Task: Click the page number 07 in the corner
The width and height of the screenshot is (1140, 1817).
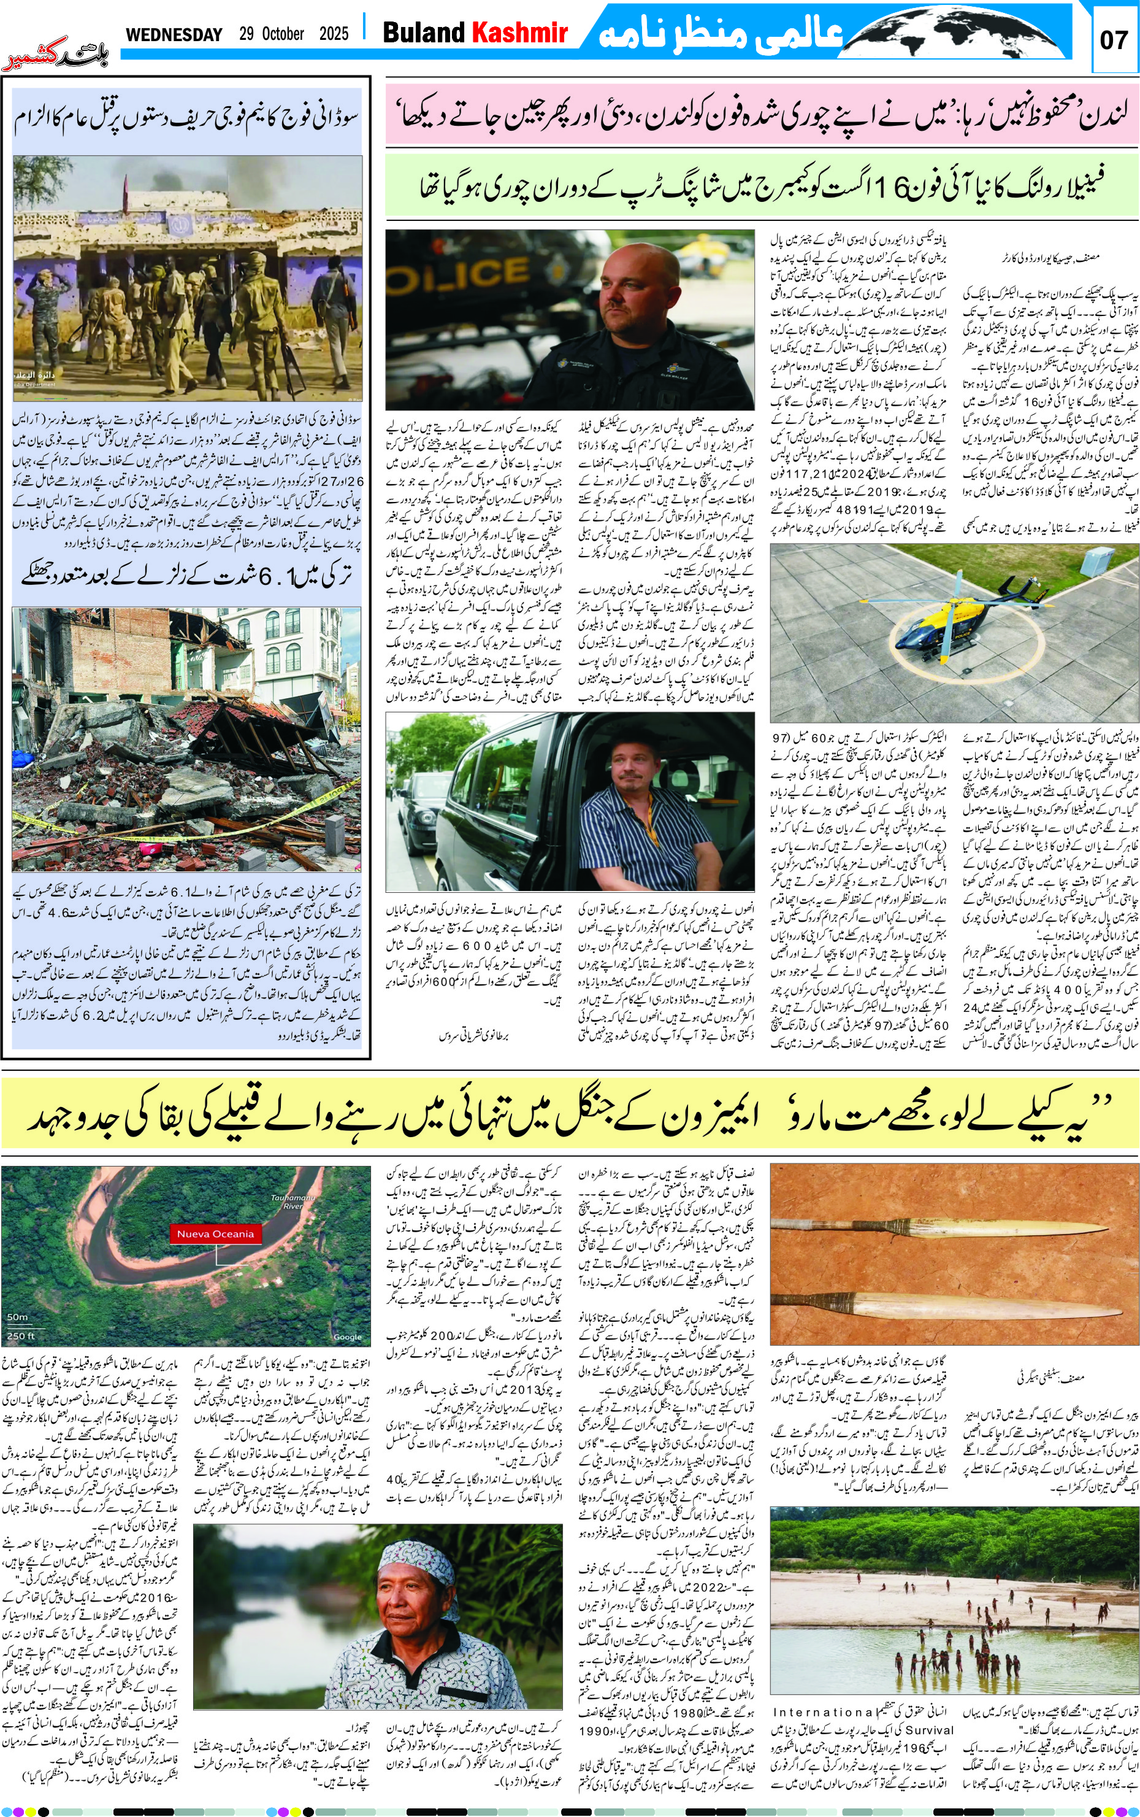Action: tap(1114, 39)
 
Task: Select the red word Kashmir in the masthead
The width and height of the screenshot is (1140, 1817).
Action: tap(519, 33)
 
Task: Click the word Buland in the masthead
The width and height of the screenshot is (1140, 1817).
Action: tap(424, 33)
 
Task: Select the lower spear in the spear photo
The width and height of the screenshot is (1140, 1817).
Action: tap(950, 1303)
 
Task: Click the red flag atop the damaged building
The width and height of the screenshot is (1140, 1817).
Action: tap(124, 182)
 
